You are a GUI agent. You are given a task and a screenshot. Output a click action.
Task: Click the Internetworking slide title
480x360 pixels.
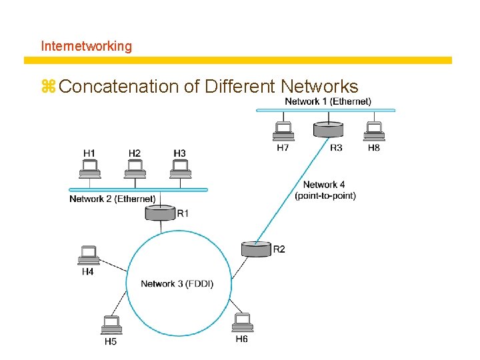[87, 46]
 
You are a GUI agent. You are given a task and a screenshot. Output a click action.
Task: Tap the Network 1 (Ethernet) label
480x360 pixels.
[328, 101]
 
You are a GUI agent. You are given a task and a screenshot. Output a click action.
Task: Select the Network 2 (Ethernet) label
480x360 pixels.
[113, 199]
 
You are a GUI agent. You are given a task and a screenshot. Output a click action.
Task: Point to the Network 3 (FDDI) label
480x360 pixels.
[177, 284]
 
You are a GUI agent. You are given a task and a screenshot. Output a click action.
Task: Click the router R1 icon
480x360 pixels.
[161, 213]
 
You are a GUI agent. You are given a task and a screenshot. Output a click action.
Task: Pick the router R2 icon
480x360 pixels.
[257, 249]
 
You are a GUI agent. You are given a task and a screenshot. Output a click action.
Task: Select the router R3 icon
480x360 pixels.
[328, 129]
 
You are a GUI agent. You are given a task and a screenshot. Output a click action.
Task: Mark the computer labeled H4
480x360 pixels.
[88, 255]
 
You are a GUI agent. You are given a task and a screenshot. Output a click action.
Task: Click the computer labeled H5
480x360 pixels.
[111, 325]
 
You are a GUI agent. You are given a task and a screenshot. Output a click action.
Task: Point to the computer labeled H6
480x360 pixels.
[243, 323]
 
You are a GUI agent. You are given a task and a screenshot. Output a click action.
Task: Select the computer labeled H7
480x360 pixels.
[283, 131]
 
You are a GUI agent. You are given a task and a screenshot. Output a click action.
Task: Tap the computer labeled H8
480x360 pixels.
[374, 131]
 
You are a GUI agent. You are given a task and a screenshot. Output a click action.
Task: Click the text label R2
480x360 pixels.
[279, 249]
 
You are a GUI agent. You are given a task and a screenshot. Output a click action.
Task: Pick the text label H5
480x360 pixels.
[111, 342]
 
